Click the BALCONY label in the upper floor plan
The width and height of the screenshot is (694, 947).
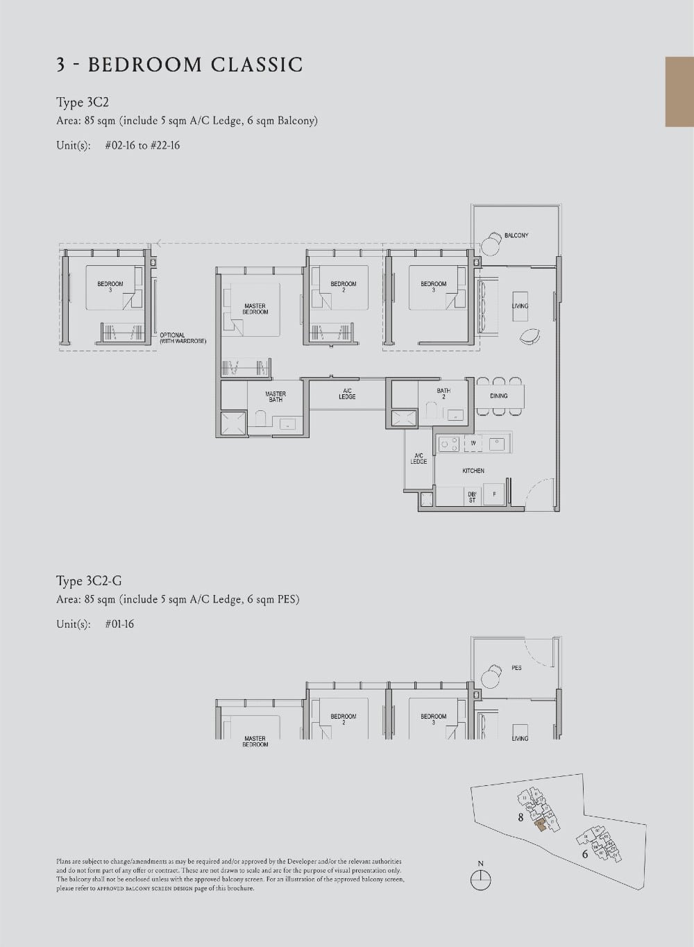(x=516, y=235)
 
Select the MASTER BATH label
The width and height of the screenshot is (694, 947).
(x=276, y=396)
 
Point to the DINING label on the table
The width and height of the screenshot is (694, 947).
(x=498, y=396)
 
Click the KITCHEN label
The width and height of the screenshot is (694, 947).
(x=473, y=471)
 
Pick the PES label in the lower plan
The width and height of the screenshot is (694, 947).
(x=516, y=668)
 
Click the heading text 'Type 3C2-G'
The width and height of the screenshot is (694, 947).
(x=89, y=581)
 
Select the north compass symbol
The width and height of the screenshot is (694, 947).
(x=480, y=880)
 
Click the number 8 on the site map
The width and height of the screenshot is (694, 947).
(x=520, y=817)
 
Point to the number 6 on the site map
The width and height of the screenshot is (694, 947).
(x=584, y=854)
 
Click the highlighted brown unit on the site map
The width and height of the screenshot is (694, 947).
(x=541, y=825)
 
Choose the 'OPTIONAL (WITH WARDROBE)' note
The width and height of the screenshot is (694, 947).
(x=183, y=338)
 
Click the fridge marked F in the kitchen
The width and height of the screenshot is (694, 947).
(x=494, y=494)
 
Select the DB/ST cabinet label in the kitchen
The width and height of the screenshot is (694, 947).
(x=472, y=497)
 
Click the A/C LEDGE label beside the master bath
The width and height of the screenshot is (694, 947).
(x=347, y=394)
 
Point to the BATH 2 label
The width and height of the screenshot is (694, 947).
(x=443, y=393)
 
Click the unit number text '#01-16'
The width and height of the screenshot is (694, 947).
(x=119, y=624)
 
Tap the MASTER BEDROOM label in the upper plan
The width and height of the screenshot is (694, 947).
(x=255, y=309)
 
